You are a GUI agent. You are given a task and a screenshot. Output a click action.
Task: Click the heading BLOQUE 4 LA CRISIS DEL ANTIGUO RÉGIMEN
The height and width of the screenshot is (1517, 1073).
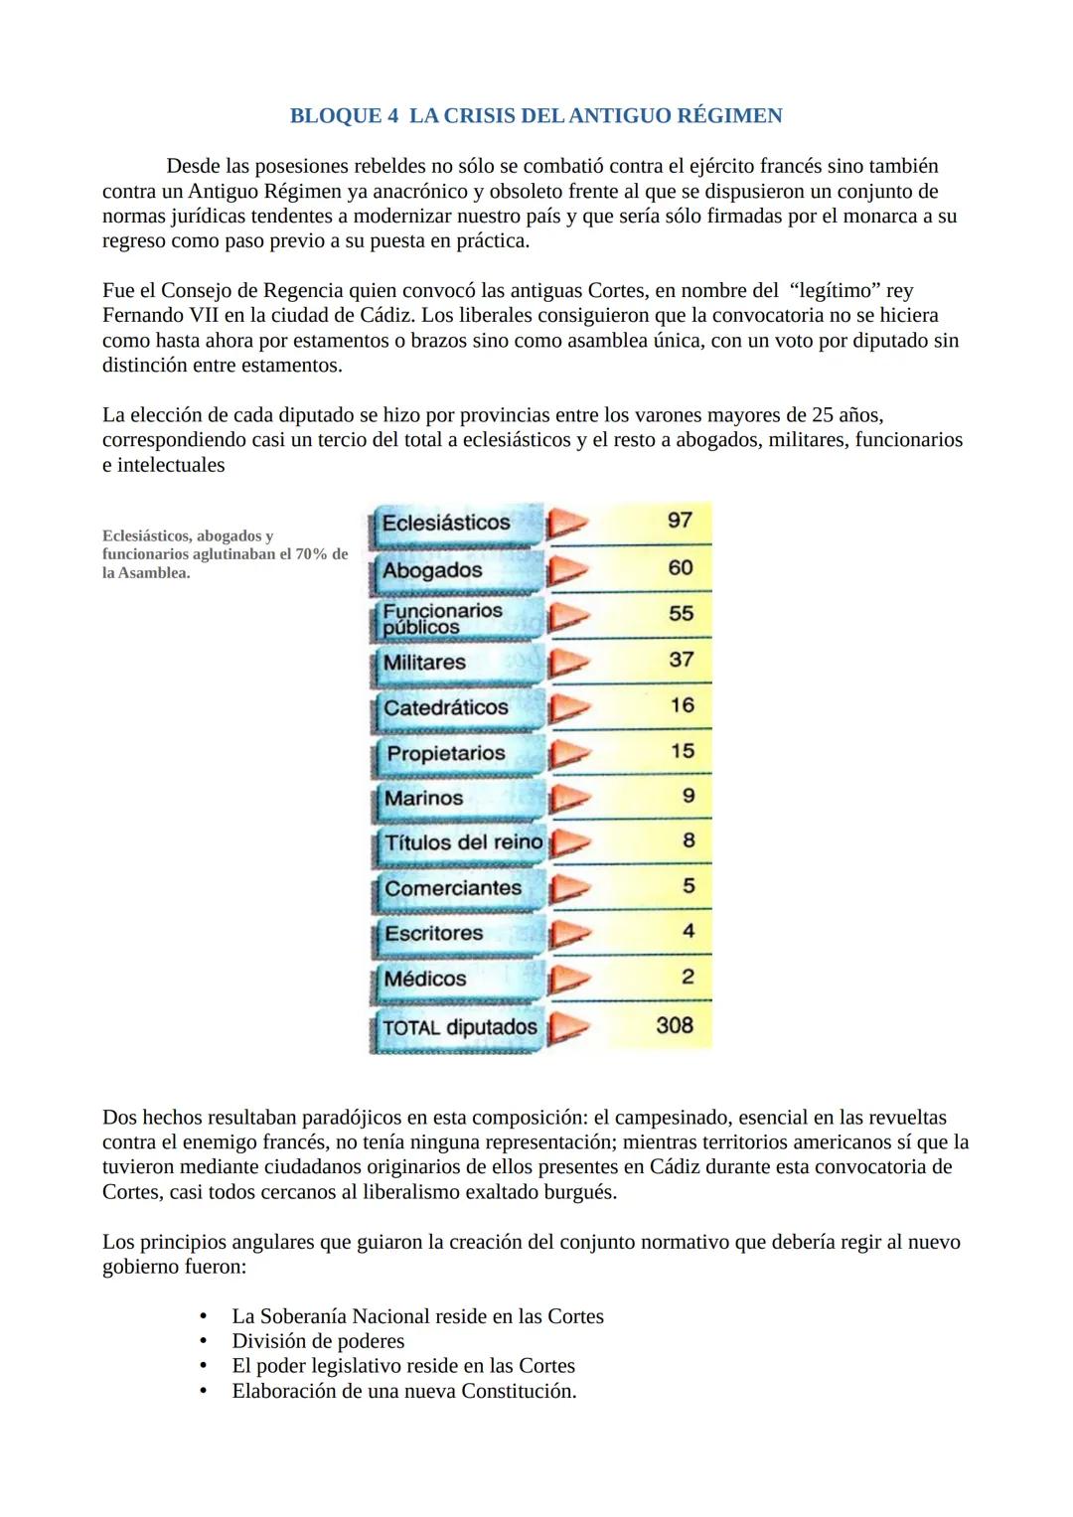tap(536, 116)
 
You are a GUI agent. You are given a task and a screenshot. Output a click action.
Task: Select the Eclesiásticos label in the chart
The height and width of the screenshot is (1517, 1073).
tap(446, 523)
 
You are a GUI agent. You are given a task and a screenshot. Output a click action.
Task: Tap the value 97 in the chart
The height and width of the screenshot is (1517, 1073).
tap(680, 521)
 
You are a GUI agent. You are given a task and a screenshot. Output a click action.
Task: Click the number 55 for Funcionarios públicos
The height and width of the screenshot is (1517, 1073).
tap(681, 614)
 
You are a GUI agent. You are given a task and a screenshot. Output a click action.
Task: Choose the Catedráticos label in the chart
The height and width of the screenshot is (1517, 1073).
tap(446, 707)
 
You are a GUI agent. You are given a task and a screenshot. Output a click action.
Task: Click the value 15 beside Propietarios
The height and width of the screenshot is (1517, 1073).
tap(682, 751)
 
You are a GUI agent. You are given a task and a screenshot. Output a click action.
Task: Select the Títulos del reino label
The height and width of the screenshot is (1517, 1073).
tap(463, 842)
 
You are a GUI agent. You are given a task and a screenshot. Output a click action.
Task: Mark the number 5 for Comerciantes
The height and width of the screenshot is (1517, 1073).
tap(689, 885)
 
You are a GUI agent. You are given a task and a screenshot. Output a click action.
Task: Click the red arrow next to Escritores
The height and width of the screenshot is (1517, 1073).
tap(568, 934)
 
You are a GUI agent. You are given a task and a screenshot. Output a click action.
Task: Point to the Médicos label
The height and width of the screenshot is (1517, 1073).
tap(425, 979)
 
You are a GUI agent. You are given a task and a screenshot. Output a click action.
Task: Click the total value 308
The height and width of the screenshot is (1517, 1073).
tap(675, 1025)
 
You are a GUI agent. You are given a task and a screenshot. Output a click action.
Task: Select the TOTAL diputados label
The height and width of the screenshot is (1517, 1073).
tap(460, 1027)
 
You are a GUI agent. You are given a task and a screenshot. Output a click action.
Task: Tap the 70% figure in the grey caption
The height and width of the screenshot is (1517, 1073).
tap(311, 554)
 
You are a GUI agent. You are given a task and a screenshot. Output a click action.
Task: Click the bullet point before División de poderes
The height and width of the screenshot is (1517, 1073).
tap(205, 1341)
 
